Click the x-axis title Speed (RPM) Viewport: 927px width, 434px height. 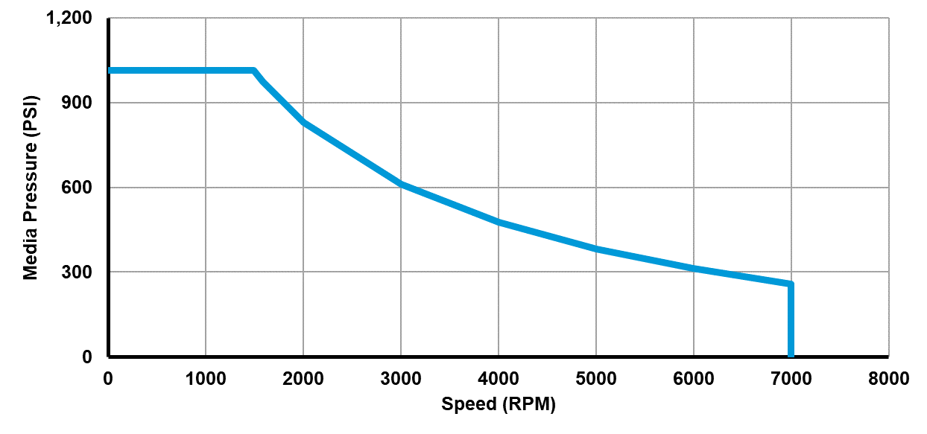[x=499, y=405]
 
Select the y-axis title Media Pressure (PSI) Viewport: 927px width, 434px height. [x=31, y=188]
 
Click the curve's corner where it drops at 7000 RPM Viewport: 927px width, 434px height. [x=791, y=284]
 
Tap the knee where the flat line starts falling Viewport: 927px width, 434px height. [x=254, y=71]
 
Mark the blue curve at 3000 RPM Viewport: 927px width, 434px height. [x=401, y=184]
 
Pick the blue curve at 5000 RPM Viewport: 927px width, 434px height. [x=596, y=249]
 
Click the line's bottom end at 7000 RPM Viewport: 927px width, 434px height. [x=791, y=355]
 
